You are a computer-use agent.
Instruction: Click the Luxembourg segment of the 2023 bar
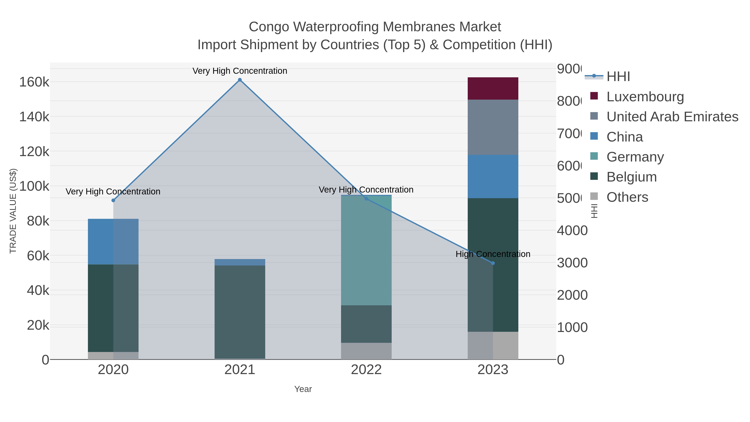(493, 89)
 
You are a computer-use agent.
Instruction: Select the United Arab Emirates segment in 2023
(493, 127)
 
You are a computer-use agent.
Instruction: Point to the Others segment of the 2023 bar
(493, 345)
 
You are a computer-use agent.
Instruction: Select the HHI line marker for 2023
(493, 263)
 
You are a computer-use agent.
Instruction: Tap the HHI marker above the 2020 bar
(113, 200)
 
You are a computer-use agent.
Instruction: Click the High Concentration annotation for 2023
(493, 254)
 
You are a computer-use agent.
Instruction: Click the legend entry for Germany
(635, 157)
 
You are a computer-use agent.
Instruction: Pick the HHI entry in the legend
(618, 77)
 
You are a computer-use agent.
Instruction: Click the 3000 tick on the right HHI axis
(572, 263)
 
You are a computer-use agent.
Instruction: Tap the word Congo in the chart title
(269, 27)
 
